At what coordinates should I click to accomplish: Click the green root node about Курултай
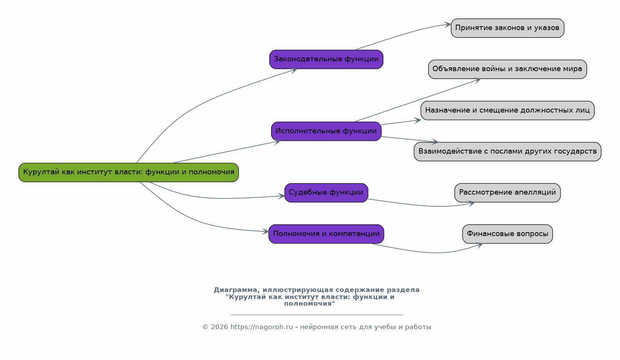click(x=129, y=172)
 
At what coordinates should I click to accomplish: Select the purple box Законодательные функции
click(x=326, y=59)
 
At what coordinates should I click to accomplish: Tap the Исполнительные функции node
click(x=326, y=131)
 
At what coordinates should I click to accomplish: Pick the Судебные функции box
click(x=326, y=193)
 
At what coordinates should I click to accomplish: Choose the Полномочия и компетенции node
click(x=326, y=234)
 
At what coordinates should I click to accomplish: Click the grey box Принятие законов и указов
click(x=507, y=28)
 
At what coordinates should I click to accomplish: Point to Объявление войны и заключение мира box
click(x=507, y=69)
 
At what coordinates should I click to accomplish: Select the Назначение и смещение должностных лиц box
click(x=507, y=111)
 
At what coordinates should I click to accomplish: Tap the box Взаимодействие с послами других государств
click(x=507, y=152)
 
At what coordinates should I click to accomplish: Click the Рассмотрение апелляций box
click(x=507, y=193)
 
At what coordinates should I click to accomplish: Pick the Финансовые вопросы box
click(x=507, y=234)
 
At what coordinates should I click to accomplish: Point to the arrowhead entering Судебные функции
click(x=281, y=196)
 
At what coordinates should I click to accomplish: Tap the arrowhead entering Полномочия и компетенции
click(x=265, y=231)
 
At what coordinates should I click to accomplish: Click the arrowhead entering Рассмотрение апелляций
click(x=472, y=204)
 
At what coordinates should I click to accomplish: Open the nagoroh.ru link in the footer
click(x=262, y=327)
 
